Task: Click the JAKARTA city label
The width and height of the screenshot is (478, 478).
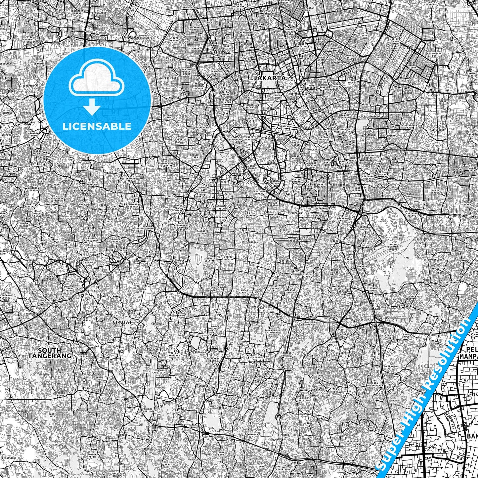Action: [x=270, y=78]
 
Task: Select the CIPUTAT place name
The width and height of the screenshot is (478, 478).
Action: [x=117, y=321]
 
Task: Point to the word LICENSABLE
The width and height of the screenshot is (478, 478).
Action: [x=97, y=126]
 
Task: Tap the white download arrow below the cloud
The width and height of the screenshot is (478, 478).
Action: [x=92, y=107]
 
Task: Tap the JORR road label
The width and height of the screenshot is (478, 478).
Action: [x=291, y=317]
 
